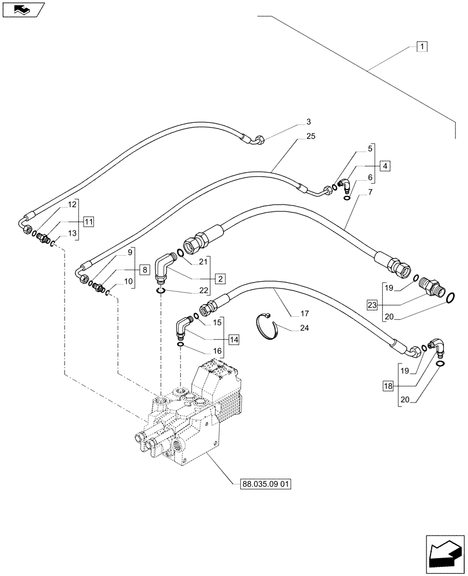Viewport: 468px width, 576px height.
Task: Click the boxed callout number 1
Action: [x=421, y=47]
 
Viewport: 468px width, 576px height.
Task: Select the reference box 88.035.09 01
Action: [x=263, y=484]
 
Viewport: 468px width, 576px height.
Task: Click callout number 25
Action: [x=311, y=137]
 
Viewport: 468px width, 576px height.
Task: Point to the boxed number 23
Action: [x=372, y=303]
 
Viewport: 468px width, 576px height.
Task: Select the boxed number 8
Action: [x=144, y=269]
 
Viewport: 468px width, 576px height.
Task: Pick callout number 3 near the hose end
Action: [x=308, y=122]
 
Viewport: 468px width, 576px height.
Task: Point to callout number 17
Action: [x=304, y=314]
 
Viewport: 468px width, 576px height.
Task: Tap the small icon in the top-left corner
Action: [x=22, y=9]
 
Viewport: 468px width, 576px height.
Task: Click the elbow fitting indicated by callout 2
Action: [x=165, y=267]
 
